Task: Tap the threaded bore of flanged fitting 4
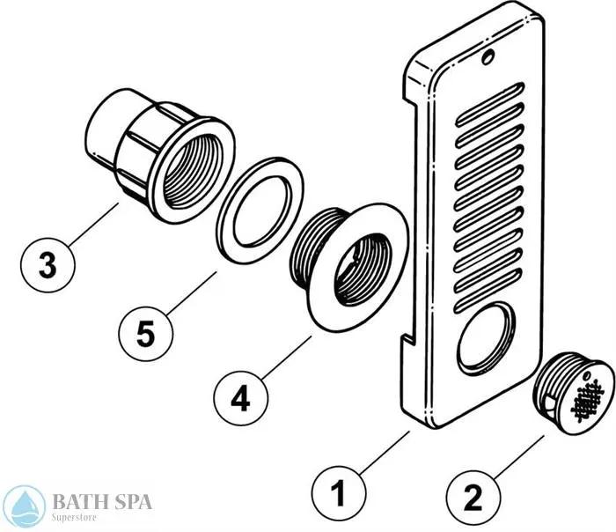pos(361,270)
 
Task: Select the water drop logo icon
pos(24,507)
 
